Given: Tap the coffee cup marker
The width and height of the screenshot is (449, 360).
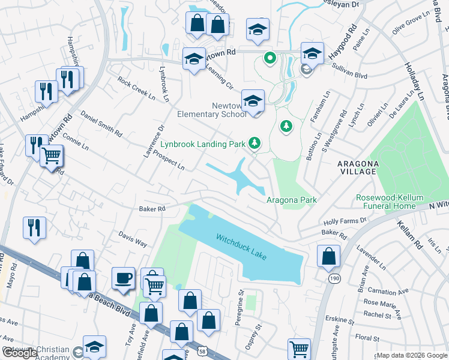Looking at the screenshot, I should pos(124,278).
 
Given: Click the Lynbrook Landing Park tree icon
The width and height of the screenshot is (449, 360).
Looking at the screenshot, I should pos(256,143).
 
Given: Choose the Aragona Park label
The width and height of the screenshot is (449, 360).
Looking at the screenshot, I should pos(291,200).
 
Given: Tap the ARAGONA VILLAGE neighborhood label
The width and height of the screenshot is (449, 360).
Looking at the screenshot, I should pos(349,167).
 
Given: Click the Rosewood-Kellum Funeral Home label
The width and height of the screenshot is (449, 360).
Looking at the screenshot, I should pos(385,202).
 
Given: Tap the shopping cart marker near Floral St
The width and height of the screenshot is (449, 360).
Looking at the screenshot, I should pos(299,349).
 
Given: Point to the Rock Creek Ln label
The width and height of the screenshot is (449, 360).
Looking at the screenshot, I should pos(136,88).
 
